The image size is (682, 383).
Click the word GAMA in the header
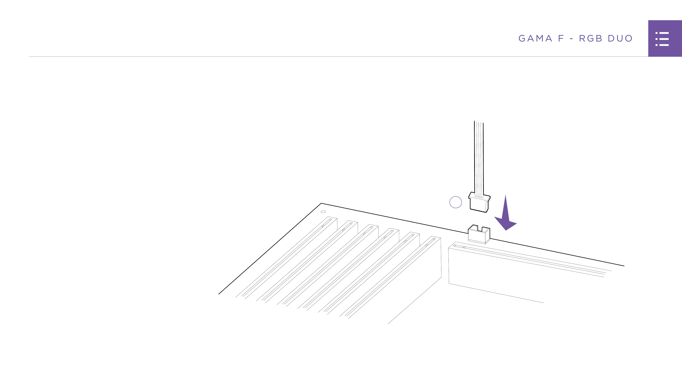tap(535, 38)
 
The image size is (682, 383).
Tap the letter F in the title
tap(561, 38)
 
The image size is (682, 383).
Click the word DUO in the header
tap(620, 38)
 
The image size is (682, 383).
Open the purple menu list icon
tap(662, 39)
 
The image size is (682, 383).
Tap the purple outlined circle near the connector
tap(456, 202)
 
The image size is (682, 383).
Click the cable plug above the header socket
tap(479, 202)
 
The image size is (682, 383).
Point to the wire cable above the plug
tap(479, 159)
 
